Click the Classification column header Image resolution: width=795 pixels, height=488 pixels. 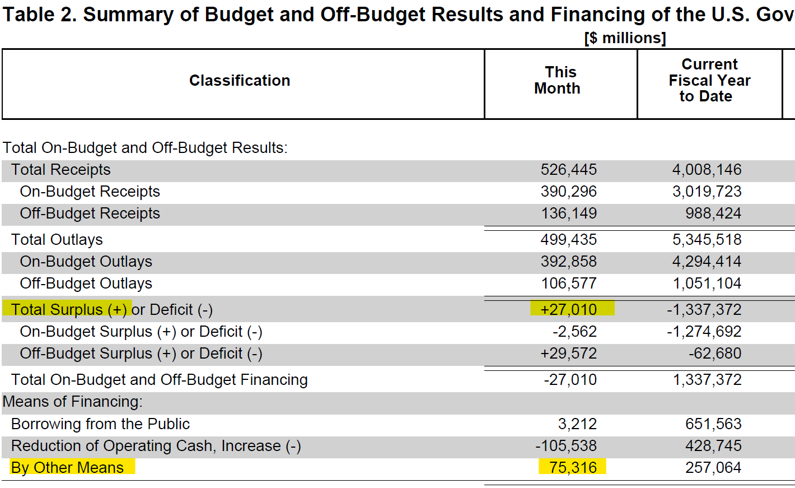[x=240, y=81]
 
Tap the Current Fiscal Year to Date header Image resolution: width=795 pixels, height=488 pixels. [x=709, y=80]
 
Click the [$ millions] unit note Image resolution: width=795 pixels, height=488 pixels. [x=625, y=38]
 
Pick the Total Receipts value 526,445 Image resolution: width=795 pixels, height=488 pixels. [x=569, y=170]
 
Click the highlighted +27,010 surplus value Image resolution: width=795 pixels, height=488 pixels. [x=569, y=310]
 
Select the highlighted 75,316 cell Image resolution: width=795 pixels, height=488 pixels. [x=573, y=467]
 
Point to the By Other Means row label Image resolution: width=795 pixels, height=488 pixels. [x=67, y=467]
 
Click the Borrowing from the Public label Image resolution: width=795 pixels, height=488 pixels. [x=100, y=424]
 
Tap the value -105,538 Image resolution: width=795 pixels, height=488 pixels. [x=566, y=446]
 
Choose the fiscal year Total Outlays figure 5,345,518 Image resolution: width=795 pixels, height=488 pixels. [x=707, y=240]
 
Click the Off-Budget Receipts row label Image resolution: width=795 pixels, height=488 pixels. [x=90, y=213]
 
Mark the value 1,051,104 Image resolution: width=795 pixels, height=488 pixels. [x=707, y=283]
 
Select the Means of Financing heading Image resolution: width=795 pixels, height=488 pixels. [x=72, y=402]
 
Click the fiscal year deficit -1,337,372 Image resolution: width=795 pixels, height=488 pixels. [x=704, y=310]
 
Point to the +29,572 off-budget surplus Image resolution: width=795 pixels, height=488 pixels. [x=569, y=354]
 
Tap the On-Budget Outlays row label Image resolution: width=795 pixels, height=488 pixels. [x=86, y=262]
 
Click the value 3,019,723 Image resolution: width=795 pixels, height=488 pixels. [x=707, y=192]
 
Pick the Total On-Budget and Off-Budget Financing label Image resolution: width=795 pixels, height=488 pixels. [x=160, y=380]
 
